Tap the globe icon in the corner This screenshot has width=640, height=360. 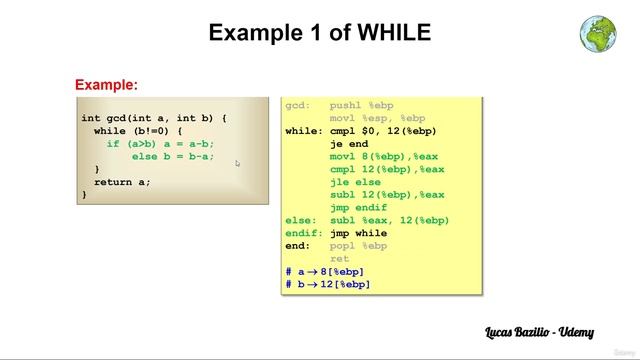[x=597, y=32]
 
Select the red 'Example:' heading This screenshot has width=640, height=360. [x=106, y=85]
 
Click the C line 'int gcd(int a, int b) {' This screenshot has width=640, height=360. [x=154, y=118]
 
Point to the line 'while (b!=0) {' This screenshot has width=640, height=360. [x=138, y=131]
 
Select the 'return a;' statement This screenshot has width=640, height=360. [x=122, y=182]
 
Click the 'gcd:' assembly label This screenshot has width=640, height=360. [x=298, y=105]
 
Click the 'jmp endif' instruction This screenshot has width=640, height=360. [x=358, y=208]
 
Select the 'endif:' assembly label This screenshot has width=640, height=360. [x=303, y=233]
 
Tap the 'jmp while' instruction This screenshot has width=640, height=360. [x=358, y=233]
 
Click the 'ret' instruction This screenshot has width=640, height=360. [x=339, y=259]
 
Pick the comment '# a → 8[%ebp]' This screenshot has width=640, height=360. [x=325, y=272]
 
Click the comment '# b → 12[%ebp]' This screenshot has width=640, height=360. [x=328, y=285]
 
